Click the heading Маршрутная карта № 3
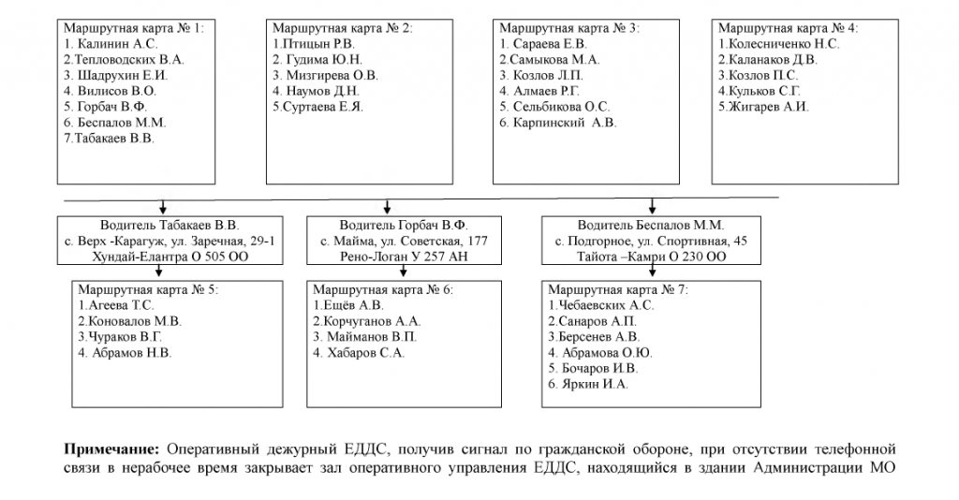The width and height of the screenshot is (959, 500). click(569, 29)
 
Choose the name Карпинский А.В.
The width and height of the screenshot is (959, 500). click(559, 123)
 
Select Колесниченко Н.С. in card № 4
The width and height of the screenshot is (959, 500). click(779, 44)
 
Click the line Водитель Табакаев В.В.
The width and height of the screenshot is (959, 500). click(170, 226)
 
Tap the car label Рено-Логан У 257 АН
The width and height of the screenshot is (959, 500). click(404, 257)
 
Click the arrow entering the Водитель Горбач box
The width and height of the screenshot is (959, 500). click(390, 207)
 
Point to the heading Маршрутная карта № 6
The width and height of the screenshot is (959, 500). click(383, 290)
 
